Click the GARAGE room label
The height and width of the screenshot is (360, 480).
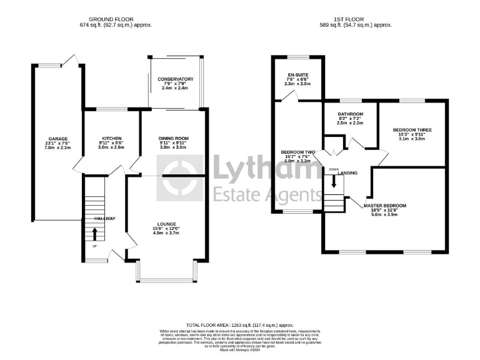(58, 139)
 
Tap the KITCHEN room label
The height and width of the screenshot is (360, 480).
(112, 138)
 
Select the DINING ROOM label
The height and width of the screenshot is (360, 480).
(174, 138)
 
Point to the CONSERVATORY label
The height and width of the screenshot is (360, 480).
(176, 79)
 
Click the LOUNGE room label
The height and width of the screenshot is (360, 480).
(167, 224)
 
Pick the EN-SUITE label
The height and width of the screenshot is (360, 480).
(297, 74)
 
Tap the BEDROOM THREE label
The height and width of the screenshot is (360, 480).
(412, 130)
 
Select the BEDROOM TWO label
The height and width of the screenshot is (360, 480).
(297, 152)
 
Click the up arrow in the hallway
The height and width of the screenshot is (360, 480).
(95, 234)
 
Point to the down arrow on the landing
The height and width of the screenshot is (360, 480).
(333, 181)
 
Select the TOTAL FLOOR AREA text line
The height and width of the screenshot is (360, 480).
(240, 326)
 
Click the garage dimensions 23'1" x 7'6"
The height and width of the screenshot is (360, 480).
(58, 144)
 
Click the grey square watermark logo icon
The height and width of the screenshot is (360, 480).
(179, 177)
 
